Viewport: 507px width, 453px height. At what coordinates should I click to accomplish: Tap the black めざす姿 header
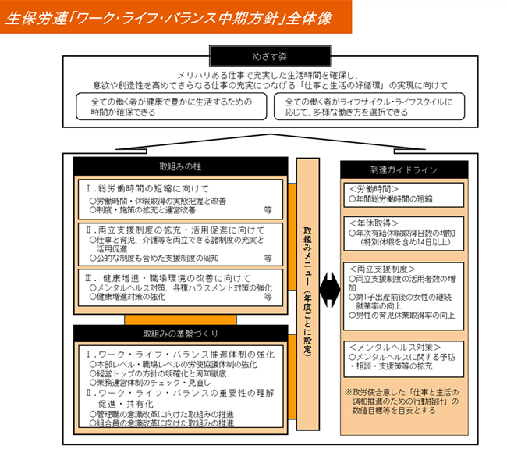(253, 56)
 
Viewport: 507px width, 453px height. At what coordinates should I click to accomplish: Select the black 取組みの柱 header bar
(181, 168)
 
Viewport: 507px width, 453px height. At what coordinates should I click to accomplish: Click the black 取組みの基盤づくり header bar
(181, 334)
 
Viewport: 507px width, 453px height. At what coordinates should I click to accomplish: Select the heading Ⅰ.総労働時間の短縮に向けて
(147, 188)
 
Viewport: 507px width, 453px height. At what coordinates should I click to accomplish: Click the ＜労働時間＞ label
(373, 188)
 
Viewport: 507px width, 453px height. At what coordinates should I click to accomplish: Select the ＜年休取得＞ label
(373, 223)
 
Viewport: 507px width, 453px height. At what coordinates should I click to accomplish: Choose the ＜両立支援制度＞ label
(378, 267)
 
